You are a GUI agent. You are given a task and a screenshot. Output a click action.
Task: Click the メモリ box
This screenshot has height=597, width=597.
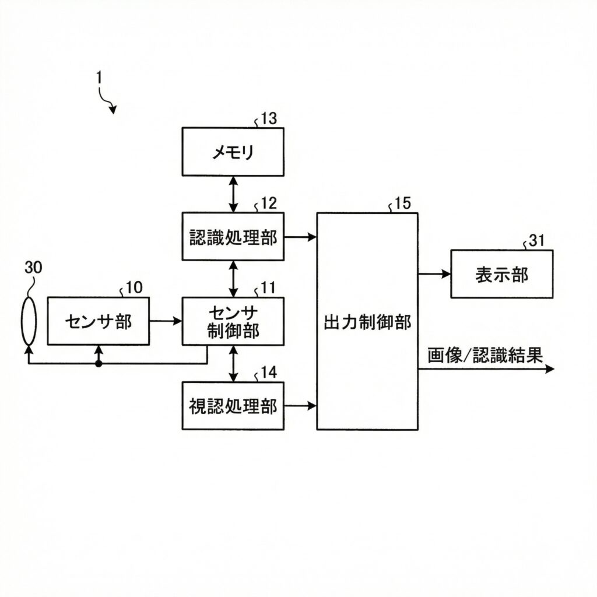pos(233,152)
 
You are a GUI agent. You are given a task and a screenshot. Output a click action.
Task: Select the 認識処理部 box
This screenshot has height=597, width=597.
pos(233,237)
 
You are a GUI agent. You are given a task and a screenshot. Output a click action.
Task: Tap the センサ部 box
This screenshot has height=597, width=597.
pos(98,321)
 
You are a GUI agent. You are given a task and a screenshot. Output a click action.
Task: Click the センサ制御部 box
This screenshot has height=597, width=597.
pos(233,321)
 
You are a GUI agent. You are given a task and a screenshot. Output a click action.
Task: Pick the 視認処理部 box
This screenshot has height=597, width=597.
pos(233,406)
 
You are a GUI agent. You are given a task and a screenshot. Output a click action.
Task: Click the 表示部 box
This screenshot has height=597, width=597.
pos(501,274)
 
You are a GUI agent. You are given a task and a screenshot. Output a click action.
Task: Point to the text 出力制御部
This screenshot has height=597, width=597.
pos(367,322)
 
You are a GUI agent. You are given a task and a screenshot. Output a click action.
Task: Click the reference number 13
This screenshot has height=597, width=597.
pos(269,119)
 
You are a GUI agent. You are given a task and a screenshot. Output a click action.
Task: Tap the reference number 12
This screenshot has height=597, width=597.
pos(268,203)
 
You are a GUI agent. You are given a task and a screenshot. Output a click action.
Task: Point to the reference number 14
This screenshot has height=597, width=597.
pos(268,373)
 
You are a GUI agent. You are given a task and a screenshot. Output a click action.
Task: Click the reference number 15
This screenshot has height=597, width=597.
pos(402,203)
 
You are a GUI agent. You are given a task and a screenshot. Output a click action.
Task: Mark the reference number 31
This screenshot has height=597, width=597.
pos(537,241)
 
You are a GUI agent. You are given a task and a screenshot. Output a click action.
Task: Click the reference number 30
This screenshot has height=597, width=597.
pos(34,268)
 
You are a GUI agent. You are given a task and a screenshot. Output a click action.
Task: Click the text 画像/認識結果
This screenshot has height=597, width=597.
pos(485,354)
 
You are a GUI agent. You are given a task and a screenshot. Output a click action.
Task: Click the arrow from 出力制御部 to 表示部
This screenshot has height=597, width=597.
pos(434,273)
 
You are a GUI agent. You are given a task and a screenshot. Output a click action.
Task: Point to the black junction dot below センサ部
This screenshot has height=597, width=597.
pos(99,364)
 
